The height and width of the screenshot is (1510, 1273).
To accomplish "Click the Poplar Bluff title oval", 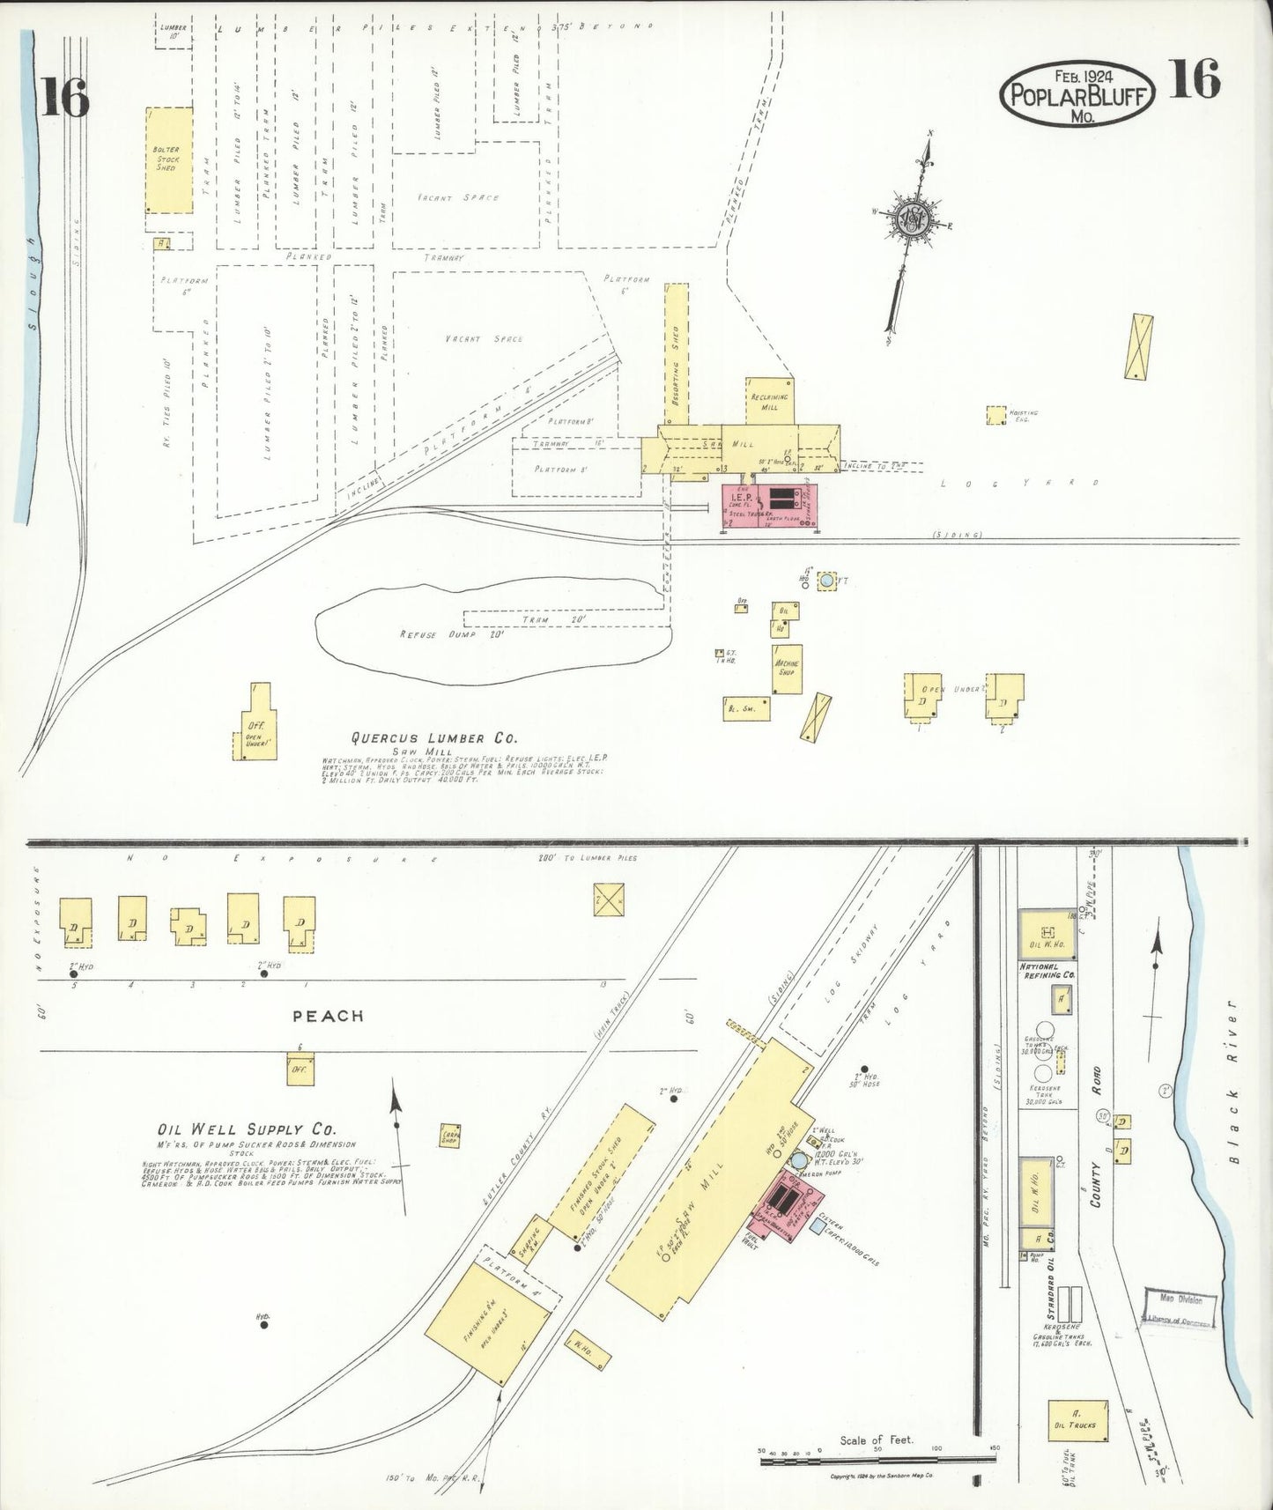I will pyautogui.click(x=1077, y=91).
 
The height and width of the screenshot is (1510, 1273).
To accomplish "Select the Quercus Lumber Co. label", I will pyautogui.click(x=435, y=738).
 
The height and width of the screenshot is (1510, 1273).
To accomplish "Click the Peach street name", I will pyautogui.click(x=328, y=1016).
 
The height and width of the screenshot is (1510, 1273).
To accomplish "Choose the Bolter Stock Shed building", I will pyautogui.click(x=169, y=160).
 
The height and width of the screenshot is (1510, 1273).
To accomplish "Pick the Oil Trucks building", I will pyautogui.click(x=1077, y=1421).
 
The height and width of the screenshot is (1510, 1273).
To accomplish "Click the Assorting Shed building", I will pyautogui.click(x=676, y=356).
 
